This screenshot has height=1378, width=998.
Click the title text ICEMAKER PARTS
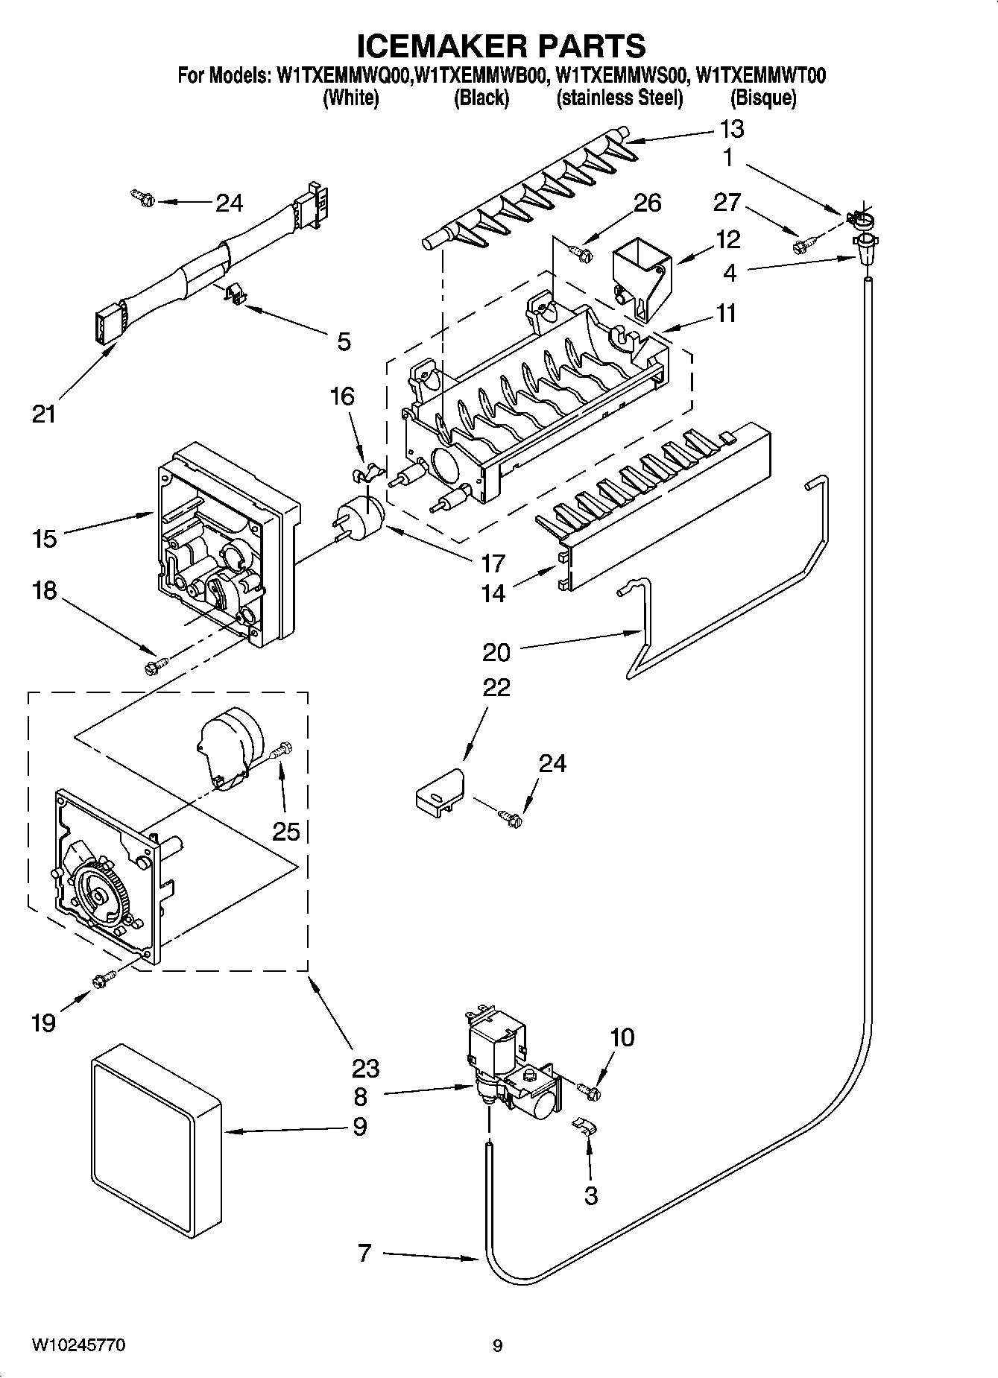(501, 46)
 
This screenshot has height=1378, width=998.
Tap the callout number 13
(731, 129)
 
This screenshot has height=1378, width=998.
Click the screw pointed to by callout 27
(803, 242)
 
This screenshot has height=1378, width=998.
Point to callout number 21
(43, 414)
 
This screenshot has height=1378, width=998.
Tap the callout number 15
(45, 538)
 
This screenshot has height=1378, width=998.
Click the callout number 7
(364, 1253)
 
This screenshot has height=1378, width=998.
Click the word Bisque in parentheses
(762, 98)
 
